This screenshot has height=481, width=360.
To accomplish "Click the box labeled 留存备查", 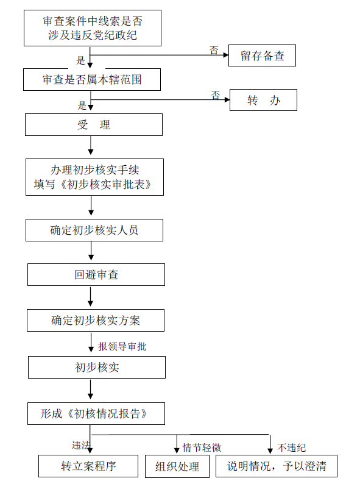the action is [x=262, y=55].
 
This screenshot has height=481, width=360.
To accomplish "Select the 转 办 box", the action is [x=263, y=100].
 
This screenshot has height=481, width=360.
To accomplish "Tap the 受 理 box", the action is [x=94, y=124].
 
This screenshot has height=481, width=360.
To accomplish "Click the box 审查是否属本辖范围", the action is [x=92, y=79].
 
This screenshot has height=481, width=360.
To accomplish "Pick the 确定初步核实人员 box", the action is [x=94, y=230].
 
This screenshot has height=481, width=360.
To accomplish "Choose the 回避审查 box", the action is [x=96, y=274].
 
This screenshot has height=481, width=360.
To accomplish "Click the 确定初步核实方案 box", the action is [x=96, y=320].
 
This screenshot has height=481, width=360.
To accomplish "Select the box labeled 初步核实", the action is [x=97, y=367].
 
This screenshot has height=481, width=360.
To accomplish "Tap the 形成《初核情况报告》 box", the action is [x=96, y=413].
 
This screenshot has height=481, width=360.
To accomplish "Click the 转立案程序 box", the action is [x=88, y=466].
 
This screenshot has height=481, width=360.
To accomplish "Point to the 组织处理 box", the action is [x=177, y=466].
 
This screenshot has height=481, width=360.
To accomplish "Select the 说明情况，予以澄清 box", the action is [x=277, y=466].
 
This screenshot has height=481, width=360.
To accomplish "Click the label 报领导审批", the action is [x=122, y=346].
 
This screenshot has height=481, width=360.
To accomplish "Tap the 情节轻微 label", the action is [x=202, y=447].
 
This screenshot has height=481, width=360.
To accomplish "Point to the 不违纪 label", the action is [x=292, y=447].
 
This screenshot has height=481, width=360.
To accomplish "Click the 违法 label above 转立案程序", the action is [x=81, y=445].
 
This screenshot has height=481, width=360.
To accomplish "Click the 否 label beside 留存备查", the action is [x=214, y=51].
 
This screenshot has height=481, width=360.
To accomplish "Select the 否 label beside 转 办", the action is [x=216, y=95].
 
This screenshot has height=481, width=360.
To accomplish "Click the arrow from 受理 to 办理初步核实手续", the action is [x=91, y=145].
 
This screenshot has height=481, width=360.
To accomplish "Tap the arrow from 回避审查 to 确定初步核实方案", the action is [x=90, y=296].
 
